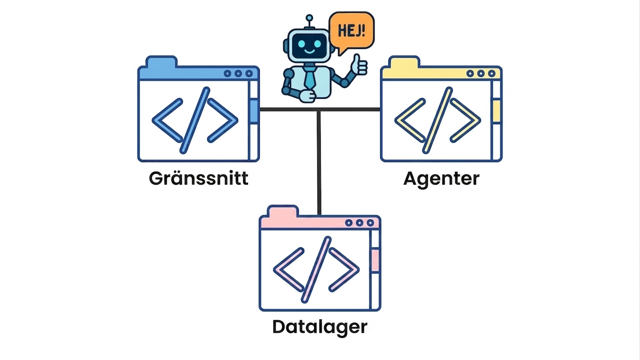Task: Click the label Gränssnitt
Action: pyautogui.click(x=199, y=179)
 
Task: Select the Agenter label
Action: pyautogui.click(x=441, y=180)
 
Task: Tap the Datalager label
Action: pyautogui.click(x=320, y=328)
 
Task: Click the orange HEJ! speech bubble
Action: pyautogui.click(x=352, y=31)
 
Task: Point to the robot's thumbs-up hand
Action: pyautogui.click(x=359, y=65)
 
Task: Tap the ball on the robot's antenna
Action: pyautogui.click(x=309, y=18)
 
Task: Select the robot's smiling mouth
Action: pyautogui.click(x=309, y=52)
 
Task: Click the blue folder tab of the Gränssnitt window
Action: pyautogui.click(x=161, y=62)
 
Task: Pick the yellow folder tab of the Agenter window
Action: pyautogui.click(x=404, y=62)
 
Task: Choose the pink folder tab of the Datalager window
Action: pyautogui.click(x=283, y=211)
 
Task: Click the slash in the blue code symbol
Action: pyautogui.click(x=195, y=120)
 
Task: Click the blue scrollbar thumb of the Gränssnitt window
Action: pyautogui.click(x=254, y=112)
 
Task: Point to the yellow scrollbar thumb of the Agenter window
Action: pyautogui.click(x=497, y=111)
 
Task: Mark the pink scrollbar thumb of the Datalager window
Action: pyautogui.click(x=376, y=260)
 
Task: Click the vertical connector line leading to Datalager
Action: pyautogui.click(x=319, y=163)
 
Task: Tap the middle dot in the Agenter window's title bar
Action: pyautogui.click(x=481, y=74)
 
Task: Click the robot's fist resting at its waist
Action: pyautogui.click(x=307, y=96)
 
